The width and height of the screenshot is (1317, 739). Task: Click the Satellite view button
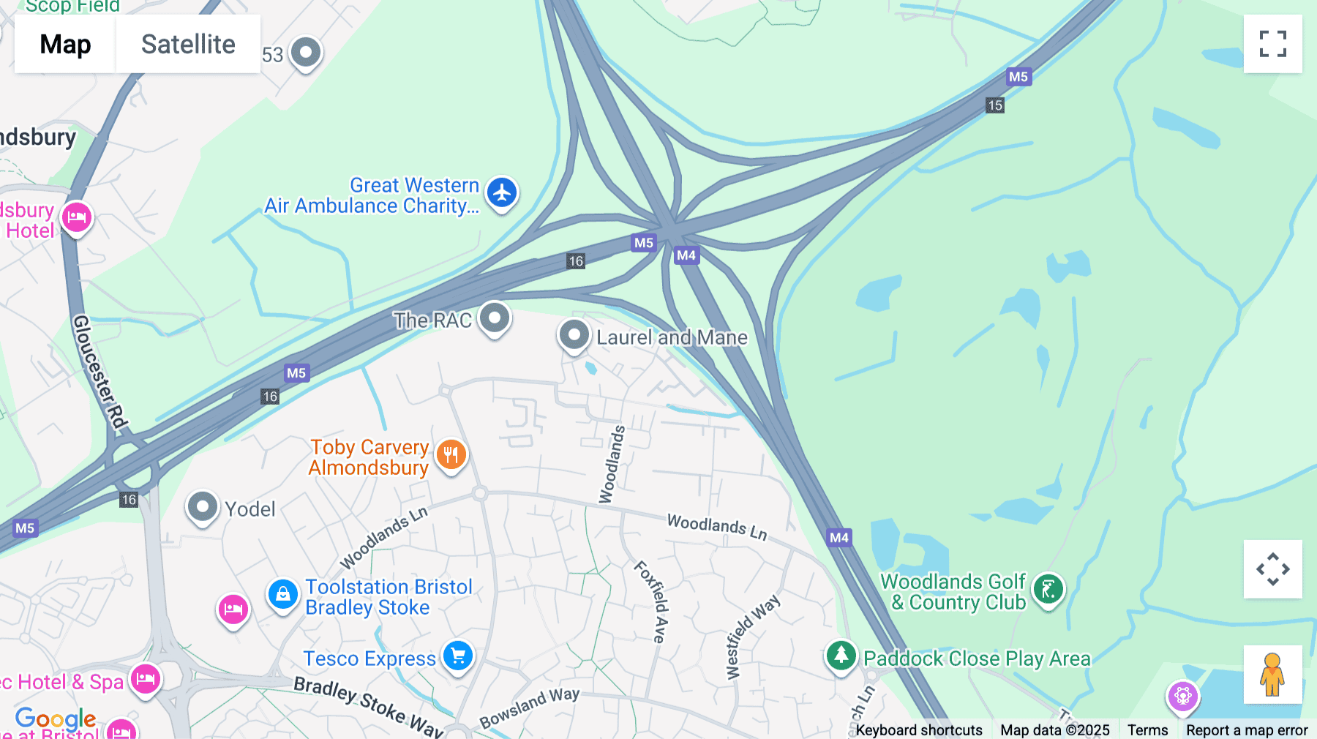(188, 44)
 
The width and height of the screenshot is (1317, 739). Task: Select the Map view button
(65, 44)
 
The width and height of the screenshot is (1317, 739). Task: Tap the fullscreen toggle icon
(1272, 44)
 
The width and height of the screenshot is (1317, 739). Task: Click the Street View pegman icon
(1272, 675)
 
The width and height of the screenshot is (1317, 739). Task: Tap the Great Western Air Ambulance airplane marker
(502, 193)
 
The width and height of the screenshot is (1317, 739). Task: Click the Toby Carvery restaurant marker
(451, 454)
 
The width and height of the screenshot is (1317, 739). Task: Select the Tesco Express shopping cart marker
(459, 656)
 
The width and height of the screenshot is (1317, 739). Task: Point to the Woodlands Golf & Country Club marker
(1048, 589)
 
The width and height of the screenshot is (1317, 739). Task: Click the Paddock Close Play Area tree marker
(841, 656)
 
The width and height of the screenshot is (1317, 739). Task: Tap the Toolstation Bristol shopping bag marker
(282, 594)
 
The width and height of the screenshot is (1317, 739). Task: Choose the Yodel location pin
(203, 506)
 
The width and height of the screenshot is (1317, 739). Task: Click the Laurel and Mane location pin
(574, 335)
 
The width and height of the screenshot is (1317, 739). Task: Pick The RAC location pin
(495, 318)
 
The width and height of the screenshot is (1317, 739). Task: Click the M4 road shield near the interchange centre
(686, 255)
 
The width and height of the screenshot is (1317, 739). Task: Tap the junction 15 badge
(995, 105)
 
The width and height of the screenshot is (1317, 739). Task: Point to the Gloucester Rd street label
(100, 372)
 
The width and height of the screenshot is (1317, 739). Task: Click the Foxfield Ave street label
(651, 601)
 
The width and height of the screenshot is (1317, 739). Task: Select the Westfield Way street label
(752, 637)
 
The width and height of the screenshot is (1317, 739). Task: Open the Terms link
(1147, 729)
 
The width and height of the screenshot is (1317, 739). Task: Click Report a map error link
(1247, 729)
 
